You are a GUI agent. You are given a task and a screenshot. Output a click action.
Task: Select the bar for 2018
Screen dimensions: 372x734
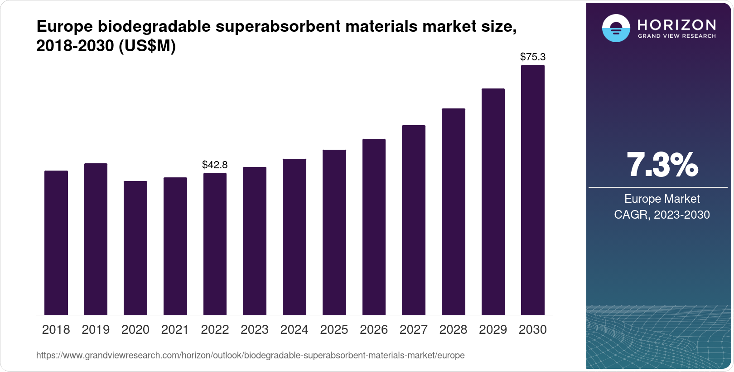[x=56, y=243]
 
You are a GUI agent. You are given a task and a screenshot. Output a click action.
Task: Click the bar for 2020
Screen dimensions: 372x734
[x=135, y=248]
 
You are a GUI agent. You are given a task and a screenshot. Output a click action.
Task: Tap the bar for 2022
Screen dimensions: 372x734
[x=215, y=244]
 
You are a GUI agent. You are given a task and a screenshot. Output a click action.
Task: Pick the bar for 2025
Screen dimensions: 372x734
[x=334, y=232]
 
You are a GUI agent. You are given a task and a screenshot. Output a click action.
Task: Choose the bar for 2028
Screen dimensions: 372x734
[x=453, y=211]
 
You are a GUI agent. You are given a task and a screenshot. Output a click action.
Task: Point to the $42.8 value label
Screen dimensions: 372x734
[x=215, y=165]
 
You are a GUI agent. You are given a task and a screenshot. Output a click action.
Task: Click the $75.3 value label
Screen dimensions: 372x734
[x=532, y=57]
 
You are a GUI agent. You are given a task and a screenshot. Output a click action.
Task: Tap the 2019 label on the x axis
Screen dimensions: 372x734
[x=96, y=329]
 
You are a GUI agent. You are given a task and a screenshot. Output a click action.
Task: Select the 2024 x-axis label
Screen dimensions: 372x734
[x=294, y=329]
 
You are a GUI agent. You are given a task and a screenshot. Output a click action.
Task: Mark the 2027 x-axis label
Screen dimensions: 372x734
[x=413, y=329]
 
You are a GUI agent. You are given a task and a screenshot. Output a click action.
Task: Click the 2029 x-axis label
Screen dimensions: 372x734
[x=493, y=329]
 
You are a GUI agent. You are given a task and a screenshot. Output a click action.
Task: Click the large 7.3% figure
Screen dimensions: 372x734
[x=662, y=165]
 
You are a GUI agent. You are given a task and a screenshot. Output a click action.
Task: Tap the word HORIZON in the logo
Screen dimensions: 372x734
[x=676, y=24]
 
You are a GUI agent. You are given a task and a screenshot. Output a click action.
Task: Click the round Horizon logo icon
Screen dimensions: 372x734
[x=616, y=28]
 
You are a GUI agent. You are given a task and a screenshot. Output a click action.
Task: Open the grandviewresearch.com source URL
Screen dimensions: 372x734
[x=250, y=355]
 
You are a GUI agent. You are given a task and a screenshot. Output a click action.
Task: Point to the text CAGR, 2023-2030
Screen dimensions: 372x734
[x=662, y=215]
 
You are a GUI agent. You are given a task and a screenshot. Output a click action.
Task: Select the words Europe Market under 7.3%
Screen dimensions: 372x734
[x=662, y=199]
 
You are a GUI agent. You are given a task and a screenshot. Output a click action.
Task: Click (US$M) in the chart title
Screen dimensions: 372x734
[x=147, y=46]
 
